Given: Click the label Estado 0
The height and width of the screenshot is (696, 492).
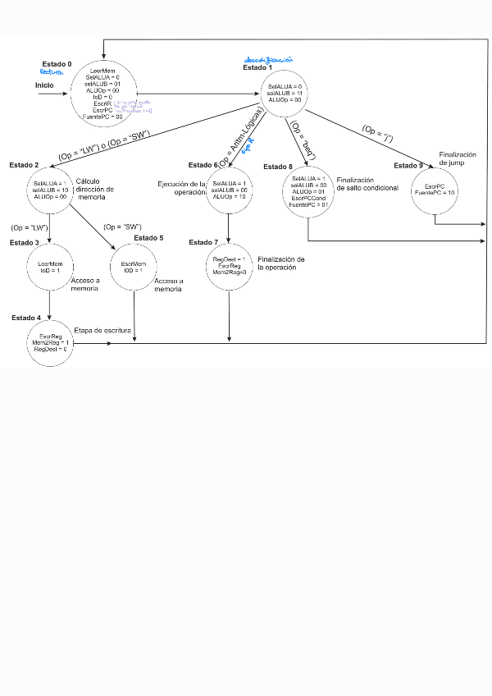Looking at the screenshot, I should coord(57,64).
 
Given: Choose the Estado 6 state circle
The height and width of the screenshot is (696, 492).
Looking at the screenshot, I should coord(229,190).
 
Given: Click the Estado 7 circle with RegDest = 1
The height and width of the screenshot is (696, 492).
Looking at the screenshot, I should coord(230,265).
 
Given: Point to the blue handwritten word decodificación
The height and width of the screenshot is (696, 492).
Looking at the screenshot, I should coord(269,61).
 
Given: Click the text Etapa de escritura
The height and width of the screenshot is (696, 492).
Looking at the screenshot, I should coord(101,329).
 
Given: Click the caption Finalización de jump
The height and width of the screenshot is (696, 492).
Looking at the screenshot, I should coord(457,158).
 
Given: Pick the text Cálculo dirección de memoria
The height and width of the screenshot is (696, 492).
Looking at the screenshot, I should coord(94,189).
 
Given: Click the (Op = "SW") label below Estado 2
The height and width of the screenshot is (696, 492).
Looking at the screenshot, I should coord(123,227).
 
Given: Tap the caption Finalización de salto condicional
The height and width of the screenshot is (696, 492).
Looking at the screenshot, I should coord(367,184).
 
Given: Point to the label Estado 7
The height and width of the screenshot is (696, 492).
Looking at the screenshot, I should coord(203,243).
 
